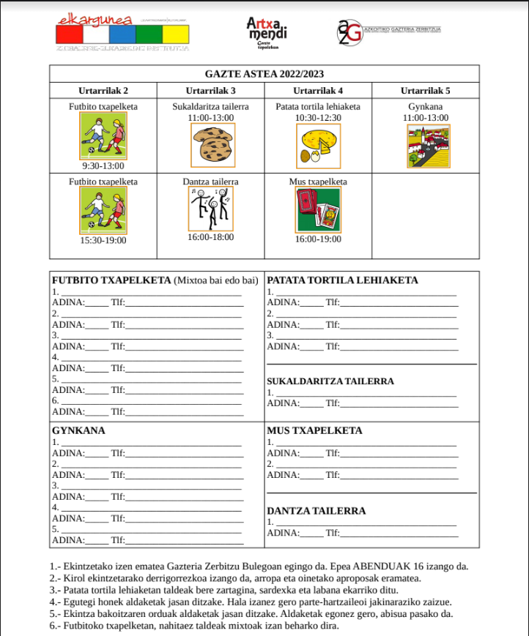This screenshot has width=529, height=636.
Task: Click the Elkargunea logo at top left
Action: pos(122,31)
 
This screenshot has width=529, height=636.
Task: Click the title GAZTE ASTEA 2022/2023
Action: pos(264,74)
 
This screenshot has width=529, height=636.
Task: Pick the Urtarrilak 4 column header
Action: pos(318,91)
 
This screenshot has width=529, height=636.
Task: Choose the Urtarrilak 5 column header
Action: pos(426,91)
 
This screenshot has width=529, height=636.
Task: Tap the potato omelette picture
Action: pos(318,145)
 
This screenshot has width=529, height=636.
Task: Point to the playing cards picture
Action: pos(318,209)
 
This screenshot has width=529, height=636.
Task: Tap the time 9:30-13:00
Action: pos(103,166)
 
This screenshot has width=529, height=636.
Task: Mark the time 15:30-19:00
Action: pos(103,240)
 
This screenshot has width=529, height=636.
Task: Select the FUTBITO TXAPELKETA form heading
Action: pos(111,280)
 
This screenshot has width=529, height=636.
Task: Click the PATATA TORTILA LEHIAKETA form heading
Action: pos(342,280)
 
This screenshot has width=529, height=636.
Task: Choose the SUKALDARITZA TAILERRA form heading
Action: pos(330,381)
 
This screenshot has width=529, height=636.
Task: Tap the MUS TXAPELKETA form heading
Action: pos(315,430)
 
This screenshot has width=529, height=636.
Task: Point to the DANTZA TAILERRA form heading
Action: pos(316,511)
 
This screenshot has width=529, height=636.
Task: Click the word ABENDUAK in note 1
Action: pos(383,566)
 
